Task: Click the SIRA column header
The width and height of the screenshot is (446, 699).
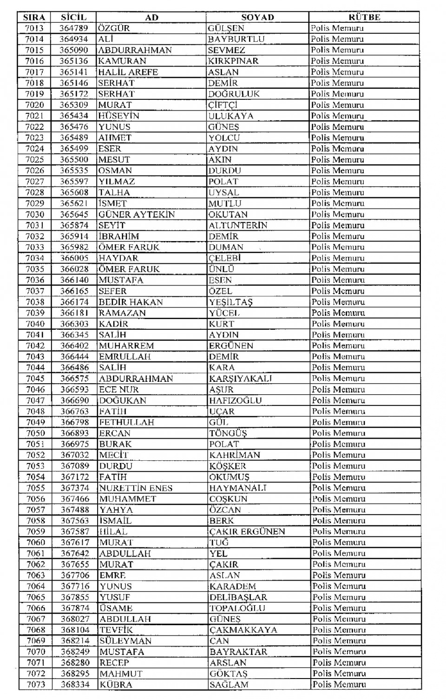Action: click(34, 17)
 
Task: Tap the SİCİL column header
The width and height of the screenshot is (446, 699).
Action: click(73, 17)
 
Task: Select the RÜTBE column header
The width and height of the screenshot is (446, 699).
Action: click(364, 17)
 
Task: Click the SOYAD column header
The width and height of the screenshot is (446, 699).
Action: click(257, 17)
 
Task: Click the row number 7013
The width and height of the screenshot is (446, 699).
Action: click(34, 28)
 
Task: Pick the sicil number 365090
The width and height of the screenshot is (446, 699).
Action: click(73, 50)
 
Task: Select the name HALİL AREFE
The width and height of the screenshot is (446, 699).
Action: click(128, 72)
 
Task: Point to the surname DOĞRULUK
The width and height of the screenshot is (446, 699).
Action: click(234, 94)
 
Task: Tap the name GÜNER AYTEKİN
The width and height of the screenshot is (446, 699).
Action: click(137, 214)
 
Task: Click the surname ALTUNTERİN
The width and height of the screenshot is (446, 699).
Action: click(238, 225)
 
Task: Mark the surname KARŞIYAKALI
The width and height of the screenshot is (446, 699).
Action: click(241, 379)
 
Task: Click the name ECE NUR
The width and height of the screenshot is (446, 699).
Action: click(119, 389)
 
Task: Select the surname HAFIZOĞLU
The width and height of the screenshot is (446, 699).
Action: click(236, 400)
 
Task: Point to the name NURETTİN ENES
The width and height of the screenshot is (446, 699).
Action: click(136, 488)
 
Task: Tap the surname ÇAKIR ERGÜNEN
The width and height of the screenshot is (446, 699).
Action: click(247, 531)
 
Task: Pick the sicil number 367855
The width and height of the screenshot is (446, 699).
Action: click(75, 597)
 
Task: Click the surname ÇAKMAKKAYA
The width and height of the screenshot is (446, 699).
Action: click(243, 630)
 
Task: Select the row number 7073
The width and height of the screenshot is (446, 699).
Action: click(36, 685)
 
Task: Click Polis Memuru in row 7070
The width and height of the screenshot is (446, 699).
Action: click(339, 652)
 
